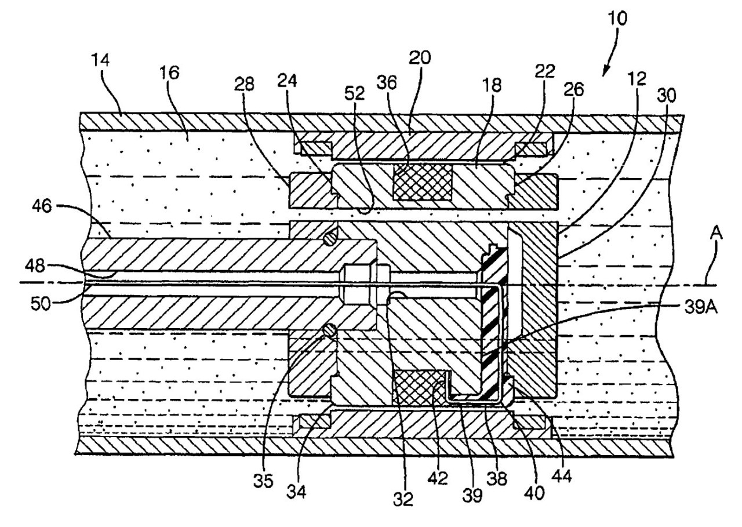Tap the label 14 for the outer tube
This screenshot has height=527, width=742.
(100, 61)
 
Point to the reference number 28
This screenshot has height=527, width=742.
(244, 84)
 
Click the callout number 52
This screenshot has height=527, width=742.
(354, 93)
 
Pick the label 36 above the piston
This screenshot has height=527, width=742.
(387, 82)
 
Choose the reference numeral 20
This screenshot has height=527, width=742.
(420, 57)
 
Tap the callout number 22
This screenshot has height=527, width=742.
(545, 71)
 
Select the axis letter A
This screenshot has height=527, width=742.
(716, 234)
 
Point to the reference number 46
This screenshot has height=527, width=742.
(42, 206)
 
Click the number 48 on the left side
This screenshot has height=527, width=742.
(35, 266)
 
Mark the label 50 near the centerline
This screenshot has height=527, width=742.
(41, 303)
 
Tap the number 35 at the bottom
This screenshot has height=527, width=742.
(263, 481)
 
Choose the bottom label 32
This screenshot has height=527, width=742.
(403, 499)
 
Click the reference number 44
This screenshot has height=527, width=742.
(562, 477)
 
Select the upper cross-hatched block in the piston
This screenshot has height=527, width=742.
(423, 183)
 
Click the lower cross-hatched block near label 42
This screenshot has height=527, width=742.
(420, 387)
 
